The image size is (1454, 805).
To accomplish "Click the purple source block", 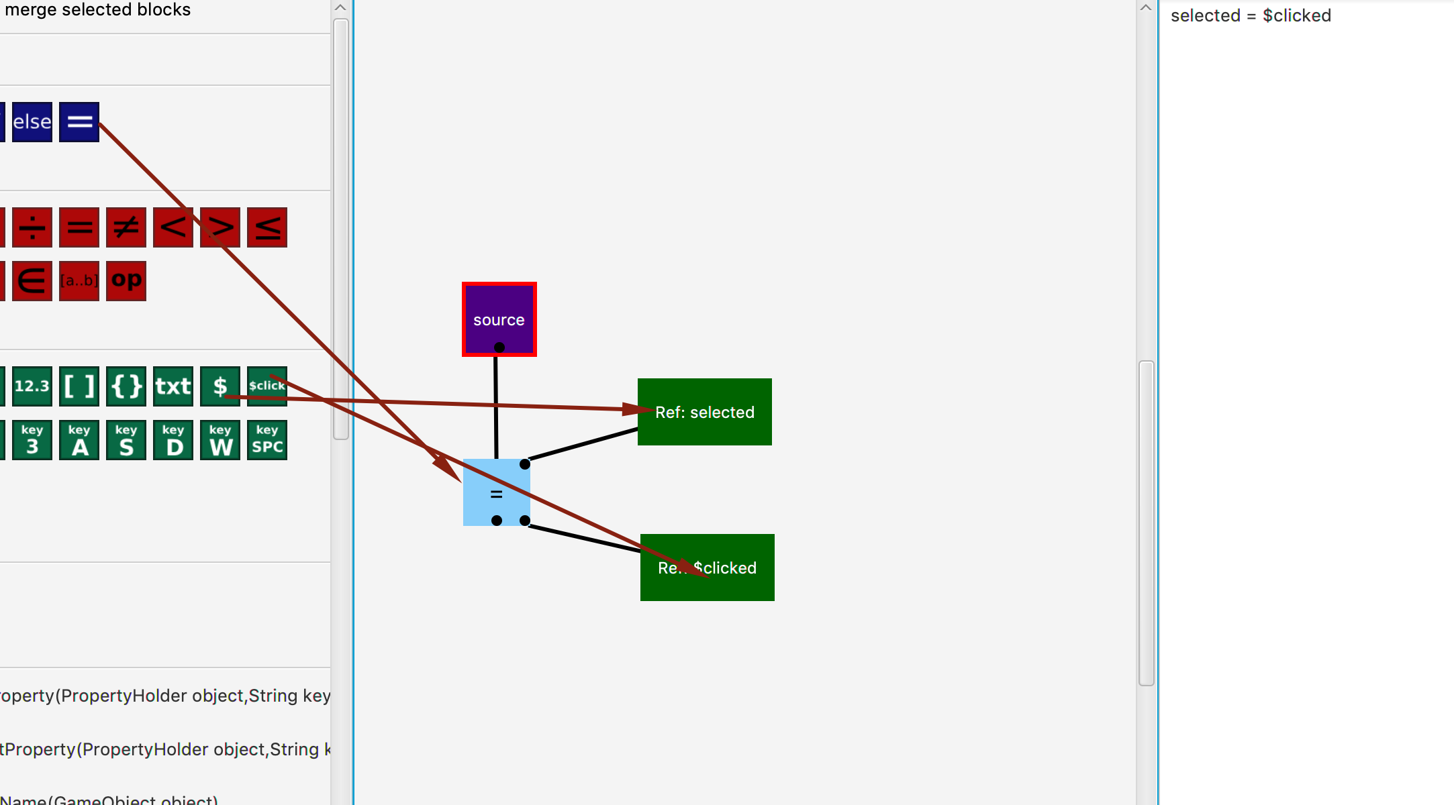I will pyautogui.click(x=499, y=319).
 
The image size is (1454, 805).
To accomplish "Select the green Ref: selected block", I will pyautogui.click(x=704, y=412).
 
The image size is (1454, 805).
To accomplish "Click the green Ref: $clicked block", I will pyautogui.click(x=707, y=568).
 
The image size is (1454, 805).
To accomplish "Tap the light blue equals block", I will pyautogui.click(x=496, y=492).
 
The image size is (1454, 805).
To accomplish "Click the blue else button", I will pyautogui.click(x=32, y=122).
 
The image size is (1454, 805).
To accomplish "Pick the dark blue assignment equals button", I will pyautogui.click(x=79, y=122).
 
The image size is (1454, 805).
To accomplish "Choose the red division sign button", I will pyautogui.click(x=32, y=227).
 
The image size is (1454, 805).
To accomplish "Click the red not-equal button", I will pyautogui.click(x=126, y=227).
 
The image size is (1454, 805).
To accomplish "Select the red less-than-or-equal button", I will pyautogui.click(x=267, y=227).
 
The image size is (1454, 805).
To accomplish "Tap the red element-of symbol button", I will pyautogui.click(x=32, y=280).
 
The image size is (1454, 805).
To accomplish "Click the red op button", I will pyautogui.click(x=126, y=280).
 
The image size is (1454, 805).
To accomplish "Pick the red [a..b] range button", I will pyautogui.click(x=79, y=280).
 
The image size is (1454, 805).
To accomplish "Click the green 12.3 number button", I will pyautogui.click(x=32, y=386).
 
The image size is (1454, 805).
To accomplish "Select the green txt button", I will pyautogui.click(x=173, y=386).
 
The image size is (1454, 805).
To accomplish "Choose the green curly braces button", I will pyautogui.click(x=126, y=386).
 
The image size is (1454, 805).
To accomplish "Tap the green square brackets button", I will pyautogui.click(x=79, y=386).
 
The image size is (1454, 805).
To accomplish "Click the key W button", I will pyautogui.click(x=220, y=440).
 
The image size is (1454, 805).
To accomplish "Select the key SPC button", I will pyautogui.click(x=267, y=440).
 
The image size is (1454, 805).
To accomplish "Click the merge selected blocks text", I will pyautogui.click(x=98, y=10).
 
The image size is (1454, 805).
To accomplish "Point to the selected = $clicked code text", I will pyautogui.click(x=1251, y=15).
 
